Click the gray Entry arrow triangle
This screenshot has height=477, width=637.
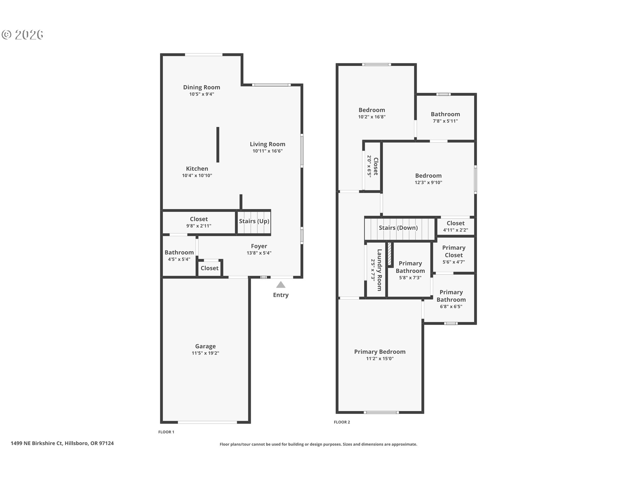pos(281,285)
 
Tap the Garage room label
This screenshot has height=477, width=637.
pos(205,346)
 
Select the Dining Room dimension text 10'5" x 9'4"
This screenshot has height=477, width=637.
pos(202,94)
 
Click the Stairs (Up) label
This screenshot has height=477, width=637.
pos(254,221)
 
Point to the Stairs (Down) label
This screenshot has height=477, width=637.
pos(398,228)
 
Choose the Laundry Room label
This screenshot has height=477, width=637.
pos(380,270)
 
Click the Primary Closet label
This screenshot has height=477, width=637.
pos(454,251)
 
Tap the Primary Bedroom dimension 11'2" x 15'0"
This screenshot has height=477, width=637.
pos(380,358)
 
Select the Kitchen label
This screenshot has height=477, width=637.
pos(197,169)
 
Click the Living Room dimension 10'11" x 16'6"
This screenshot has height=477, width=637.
pos(267,151)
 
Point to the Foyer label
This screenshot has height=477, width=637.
pos(259,246)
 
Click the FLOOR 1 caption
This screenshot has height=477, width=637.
pos(166,432)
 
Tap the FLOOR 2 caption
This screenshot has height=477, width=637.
pos(342,422)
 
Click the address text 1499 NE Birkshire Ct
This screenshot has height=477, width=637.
pos(36,443)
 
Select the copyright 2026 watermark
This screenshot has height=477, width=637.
pos(23,35)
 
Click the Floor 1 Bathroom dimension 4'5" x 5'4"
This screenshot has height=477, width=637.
pos(179,259)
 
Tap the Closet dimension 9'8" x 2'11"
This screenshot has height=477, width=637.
pos(199,226)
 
